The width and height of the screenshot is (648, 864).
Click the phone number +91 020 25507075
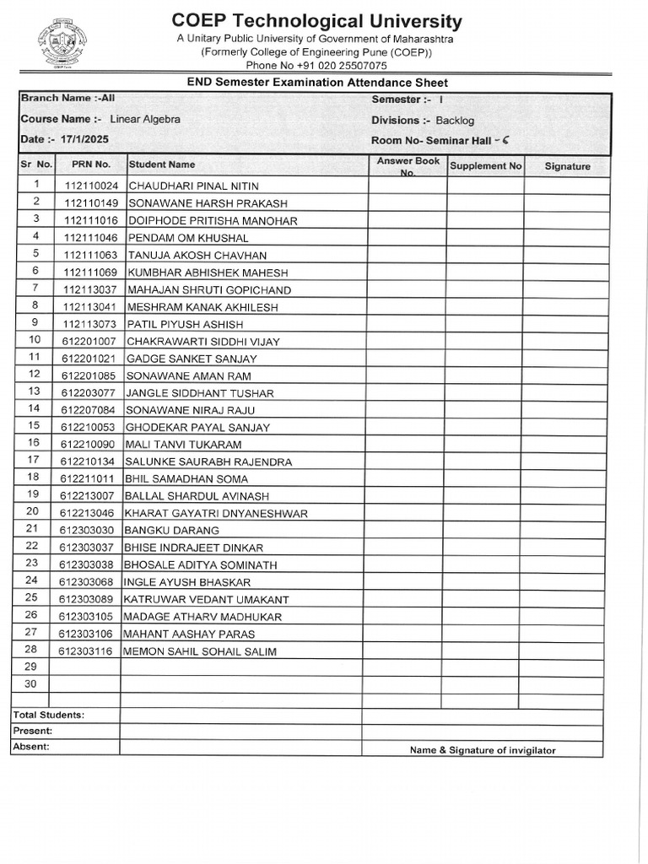[x=316, y=65]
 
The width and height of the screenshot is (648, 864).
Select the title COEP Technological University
[x=316, y=21]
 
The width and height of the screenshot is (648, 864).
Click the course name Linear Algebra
[x=145, y=119]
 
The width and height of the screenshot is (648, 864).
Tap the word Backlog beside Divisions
[x=455, y=121]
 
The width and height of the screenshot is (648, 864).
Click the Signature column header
[x=567, y=167]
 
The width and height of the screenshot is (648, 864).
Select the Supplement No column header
[x=485, y=166]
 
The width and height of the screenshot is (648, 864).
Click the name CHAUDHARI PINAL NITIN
[x=193, y=186]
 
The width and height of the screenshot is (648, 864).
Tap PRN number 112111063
[x=90, y=256]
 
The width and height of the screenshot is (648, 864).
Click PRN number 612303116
[x=85, y=651]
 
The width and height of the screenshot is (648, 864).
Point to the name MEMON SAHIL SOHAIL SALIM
[x=200, y=651]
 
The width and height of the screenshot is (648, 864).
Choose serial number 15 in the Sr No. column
[x=34, y=425]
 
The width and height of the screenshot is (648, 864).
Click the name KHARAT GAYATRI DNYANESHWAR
[x=216, y=513]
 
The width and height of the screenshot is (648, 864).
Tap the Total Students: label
[x=48, y=715]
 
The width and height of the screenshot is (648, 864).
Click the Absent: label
[x=31, y=747]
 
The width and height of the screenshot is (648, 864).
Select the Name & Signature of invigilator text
[x=483, y=750]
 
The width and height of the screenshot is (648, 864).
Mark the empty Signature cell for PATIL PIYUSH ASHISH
[x=566, y=323]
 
